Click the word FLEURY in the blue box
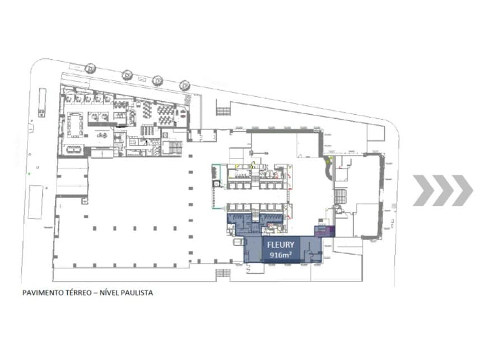pos(281,245)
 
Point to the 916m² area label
pos(281,254)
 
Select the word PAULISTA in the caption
pos(137,293)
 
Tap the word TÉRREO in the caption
pos(78,293)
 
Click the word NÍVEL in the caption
pos(108,293)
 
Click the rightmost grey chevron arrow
pos(462,190)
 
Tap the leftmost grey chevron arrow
pos(423,190)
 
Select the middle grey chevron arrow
pos(442,190)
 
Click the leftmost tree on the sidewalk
pos(91,68)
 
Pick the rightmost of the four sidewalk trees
pos(185,85)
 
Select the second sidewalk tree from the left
pos(127,75)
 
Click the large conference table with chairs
pos(75,124)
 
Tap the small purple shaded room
pos(325,231)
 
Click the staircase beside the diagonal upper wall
pos(222,111)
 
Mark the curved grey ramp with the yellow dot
pos(328,167)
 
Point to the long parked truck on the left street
pos(42,102)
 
